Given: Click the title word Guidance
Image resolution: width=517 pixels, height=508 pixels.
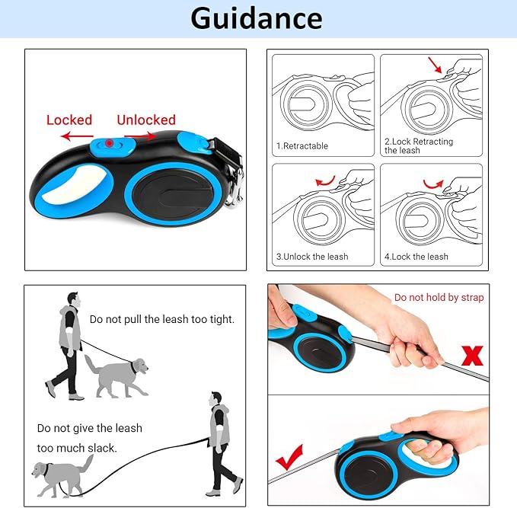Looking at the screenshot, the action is tap(256, 19).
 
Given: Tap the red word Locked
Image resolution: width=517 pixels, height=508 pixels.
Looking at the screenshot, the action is tap(69, 120).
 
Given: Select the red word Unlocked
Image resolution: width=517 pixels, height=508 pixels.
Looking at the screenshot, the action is tap(146, 120).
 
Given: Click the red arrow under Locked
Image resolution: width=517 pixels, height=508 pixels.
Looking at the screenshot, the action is tap(77, 136).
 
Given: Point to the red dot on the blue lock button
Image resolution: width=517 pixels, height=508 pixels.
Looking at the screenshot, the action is tap(109, 143).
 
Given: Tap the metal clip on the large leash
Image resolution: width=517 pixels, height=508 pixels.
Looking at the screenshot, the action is tap(236, 188).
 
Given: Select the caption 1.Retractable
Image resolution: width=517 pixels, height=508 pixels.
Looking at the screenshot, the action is tap(302, 145).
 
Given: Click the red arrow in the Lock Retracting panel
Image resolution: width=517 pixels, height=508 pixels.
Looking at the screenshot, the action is tap(435, 65).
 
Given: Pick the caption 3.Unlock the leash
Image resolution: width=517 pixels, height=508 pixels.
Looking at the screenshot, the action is tap(312, 257).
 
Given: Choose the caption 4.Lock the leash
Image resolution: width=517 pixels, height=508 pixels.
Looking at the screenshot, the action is tap(416, 257).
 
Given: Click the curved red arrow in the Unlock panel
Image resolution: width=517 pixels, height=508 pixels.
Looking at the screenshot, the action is tap(325, 181).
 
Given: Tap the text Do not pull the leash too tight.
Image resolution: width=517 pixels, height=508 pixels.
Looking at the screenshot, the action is tap(162, 319).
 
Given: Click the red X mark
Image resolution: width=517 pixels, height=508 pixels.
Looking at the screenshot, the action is tap(472, 356).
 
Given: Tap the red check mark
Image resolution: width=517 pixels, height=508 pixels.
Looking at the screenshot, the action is tap(289, 457).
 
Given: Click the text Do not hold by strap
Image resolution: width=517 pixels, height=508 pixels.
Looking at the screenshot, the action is tap(439, 298).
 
